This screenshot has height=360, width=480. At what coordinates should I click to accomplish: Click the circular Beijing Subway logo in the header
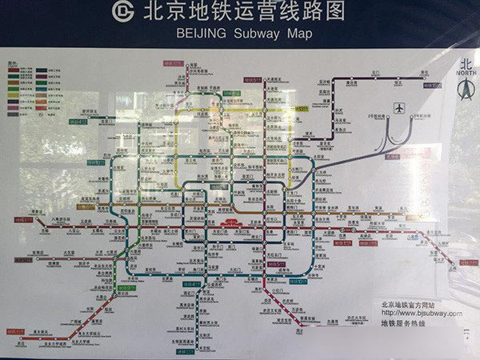point(123,12)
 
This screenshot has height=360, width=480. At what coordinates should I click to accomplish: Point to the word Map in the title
point(299,34)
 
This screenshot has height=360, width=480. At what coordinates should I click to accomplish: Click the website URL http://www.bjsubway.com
point(420,314)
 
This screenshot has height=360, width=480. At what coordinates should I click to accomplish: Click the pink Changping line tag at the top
point(174,62)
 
